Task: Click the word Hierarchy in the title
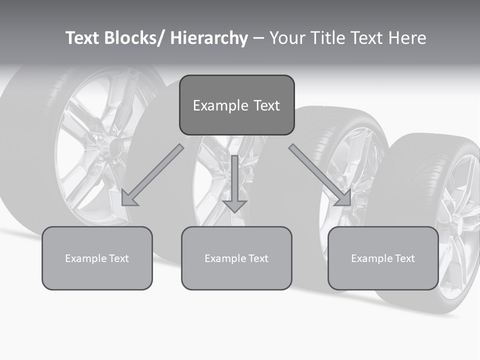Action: tap(209, 38)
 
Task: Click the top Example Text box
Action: tap(236, 105)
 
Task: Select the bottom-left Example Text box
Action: tap(97, 258)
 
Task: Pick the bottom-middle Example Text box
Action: tap(236, 258)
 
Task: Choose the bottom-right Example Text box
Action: tap(383, 258)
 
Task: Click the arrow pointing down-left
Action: tap(152, 175)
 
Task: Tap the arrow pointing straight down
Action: tap(234, 182)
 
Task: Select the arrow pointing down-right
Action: tap(320, 175)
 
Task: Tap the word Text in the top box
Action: tap(266, 105)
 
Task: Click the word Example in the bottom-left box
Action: tap(83, 258)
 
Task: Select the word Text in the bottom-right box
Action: tap(404, 258)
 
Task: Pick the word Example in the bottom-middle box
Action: tap(222, 258)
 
